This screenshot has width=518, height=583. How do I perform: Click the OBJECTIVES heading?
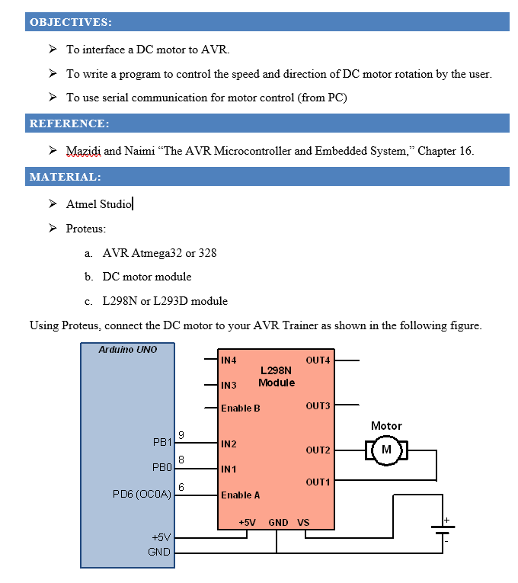click(x=71, y=22)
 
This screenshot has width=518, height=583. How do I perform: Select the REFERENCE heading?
click(x=69, y=123)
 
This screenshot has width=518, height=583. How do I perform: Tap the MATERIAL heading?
click(x=66, y=177)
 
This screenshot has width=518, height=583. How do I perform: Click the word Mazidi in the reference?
click(x=83, y=151)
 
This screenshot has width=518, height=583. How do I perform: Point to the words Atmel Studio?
click(x=99, y=204)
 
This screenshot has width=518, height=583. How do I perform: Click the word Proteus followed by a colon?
click(x=86, y=229)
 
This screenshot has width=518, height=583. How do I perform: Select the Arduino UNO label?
click(x=128, y=350)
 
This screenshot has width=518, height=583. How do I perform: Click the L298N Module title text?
click(x=277, y=376)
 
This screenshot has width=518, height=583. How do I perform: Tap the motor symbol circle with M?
click(x=386, y=450)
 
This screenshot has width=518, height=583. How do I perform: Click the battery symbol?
click(x=442, y=528)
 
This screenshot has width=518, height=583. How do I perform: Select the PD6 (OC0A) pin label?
click(x=142, y=495)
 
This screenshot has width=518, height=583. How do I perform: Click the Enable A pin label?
click(x=241, y=495)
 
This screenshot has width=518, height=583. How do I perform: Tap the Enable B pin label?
click(x=241, y=408)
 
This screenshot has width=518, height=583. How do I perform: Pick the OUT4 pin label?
click(x=318, y=360)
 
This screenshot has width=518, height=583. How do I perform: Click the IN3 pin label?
click(x=229, y=385)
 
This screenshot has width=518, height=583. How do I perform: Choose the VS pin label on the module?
click(x=303, y=523)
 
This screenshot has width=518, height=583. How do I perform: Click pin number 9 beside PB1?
click(x=181, y=435)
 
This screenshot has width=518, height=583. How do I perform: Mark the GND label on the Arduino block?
click(x=159, y=552)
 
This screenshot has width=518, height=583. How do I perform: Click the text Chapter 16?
click(x=446, y=151)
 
